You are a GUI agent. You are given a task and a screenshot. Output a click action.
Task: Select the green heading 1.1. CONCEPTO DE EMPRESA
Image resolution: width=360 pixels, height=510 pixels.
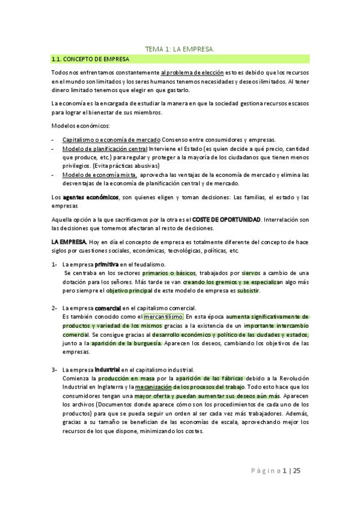pos(90,59)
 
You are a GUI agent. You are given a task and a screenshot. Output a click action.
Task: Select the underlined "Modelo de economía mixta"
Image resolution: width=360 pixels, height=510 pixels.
pos(100,175)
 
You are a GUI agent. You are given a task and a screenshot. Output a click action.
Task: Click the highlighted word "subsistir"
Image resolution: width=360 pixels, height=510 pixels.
pos(249,291)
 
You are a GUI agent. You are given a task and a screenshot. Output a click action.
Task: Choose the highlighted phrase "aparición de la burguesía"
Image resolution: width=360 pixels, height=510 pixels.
pos(126,343)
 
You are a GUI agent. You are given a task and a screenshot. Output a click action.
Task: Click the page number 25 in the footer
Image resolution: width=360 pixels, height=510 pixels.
pos(296,471)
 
